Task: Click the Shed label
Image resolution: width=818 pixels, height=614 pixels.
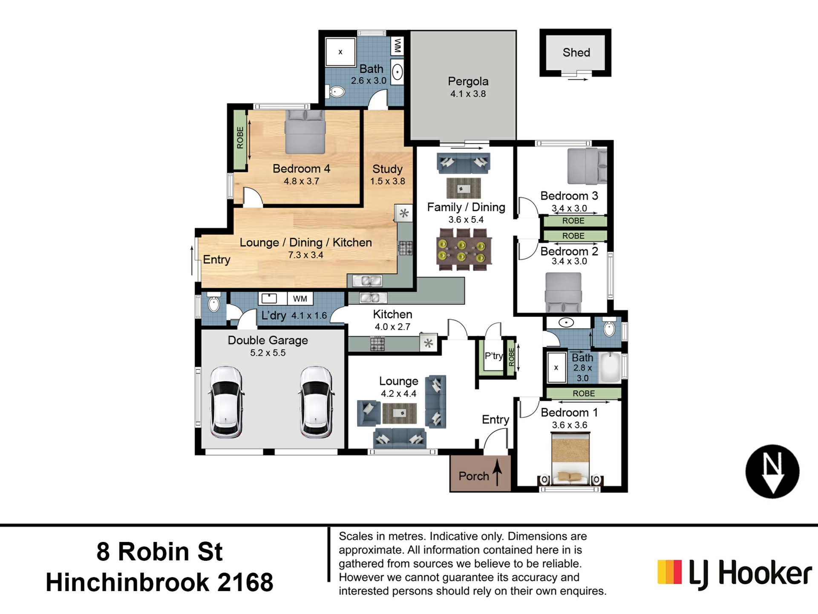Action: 576,52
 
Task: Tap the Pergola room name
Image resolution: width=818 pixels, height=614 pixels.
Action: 468,81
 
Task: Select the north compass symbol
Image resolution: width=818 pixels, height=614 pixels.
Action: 772,471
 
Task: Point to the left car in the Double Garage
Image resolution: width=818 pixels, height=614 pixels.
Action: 227,402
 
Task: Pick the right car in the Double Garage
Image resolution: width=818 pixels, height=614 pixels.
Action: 316,402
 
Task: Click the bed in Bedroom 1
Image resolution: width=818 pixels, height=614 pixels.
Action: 570,458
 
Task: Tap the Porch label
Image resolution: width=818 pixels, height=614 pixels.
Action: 473,476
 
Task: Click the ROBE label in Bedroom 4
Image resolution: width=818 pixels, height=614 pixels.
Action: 240,137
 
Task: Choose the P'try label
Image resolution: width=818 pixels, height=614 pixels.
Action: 493,356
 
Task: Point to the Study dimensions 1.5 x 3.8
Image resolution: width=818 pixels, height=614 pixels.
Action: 387,181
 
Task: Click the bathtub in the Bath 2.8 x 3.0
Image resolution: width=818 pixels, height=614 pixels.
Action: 610,367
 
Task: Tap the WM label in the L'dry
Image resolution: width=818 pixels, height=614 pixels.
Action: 300,298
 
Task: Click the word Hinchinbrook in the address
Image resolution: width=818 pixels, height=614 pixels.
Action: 127,582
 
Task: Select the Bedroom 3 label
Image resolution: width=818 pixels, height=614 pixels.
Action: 569,196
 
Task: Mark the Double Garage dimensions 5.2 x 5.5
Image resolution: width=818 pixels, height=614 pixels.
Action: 268,353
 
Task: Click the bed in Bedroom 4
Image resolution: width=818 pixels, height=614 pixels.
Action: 305,132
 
